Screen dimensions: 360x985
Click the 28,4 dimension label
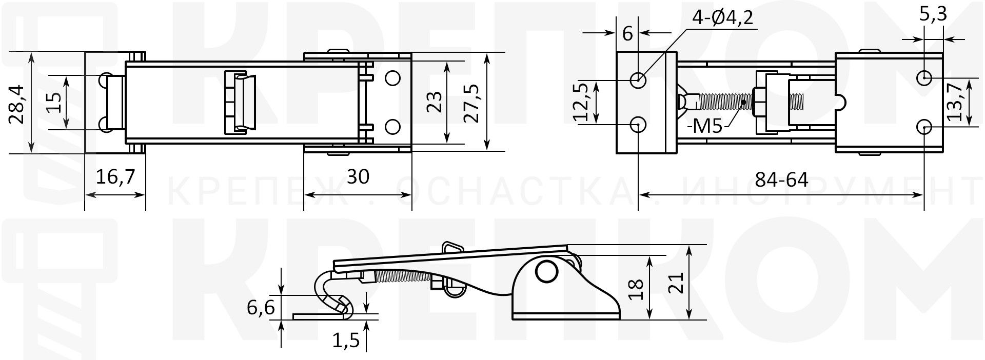[x=16, y=105]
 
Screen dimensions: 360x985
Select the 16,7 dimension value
[x=116, y=177]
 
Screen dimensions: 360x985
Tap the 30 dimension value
[x=358, y=177]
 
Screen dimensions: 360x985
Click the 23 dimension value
[x=434, y=102]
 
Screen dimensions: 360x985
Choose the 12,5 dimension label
[x=582, y=102]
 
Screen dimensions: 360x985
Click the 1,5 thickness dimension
[x=346, y=341]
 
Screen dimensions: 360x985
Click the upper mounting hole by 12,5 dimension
[x=638, y=80]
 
